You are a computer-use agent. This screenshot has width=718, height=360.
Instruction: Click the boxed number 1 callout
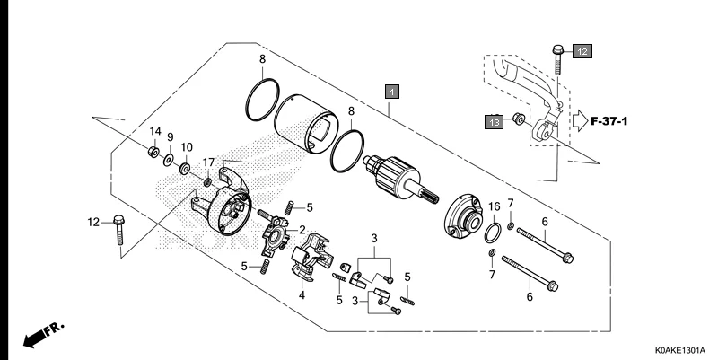[391, 91]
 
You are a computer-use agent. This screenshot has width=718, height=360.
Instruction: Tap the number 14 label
[154, 131]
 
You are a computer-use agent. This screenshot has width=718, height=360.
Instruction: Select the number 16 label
[493, 207]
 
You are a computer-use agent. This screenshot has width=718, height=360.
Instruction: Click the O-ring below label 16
[494, 234]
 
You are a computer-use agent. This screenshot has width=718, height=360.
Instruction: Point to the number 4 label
[302, 294]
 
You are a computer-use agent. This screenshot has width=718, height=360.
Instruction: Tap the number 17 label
[207, 162]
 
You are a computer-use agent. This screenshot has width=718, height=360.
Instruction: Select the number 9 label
[170, 137]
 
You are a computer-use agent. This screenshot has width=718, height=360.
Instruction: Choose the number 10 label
[187, 146]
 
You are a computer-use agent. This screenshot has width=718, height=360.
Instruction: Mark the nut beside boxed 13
[520, 119]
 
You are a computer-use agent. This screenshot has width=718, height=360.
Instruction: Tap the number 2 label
[302, 229]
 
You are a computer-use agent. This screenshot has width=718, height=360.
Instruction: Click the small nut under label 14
[153, 152]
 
